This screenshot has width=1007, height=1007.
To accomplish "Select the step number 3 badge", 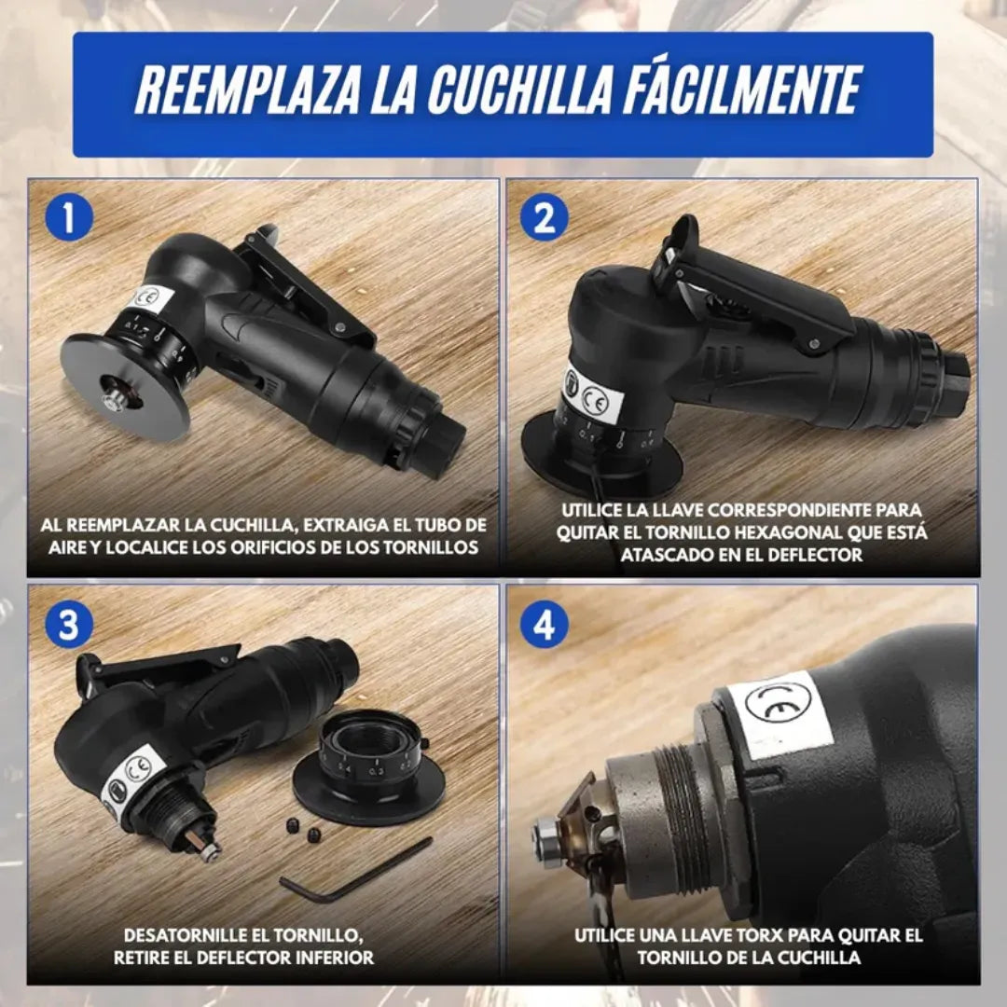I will (69, 625).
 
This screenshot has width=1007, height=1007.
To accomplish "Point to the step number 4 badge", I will (544, 625).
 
